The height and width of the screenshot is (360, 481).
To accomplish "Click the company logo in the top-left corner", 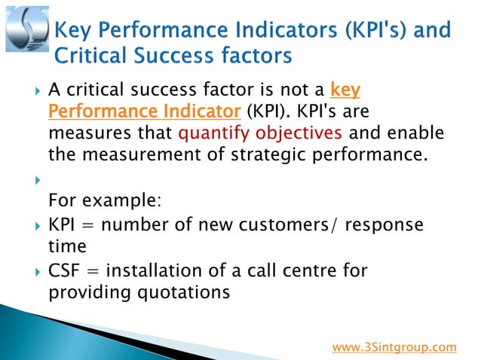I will [26, 29].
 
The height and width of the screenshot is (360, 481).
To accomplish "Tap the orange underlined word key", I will [345, 91].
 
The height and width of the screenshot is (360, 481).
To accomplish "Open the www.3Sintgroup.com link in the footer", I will [394, 347].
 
